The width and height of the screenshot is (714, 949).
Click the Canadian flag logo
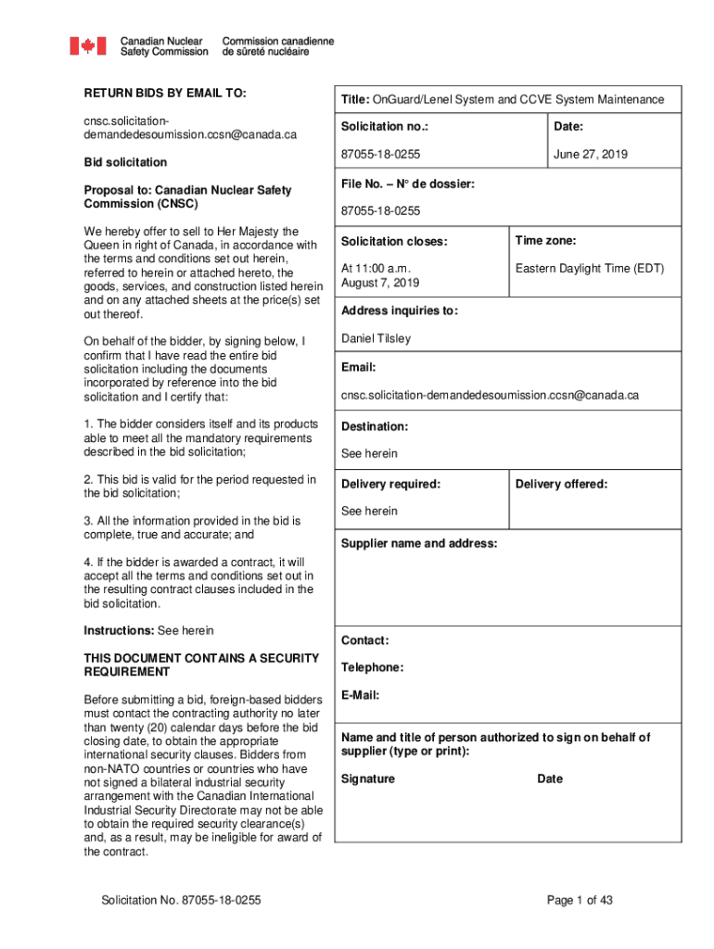pyautogui.click(x=89, y=46)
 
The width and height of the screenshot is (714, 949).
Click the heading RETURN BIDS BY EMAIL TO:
pyautogui.click(x=165, y=94)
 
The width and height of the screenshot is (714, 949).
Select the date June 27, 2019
pyautogui.click(x=590, y=155)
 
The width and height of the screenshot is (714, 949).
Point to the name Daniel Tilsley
pyautogui.click(x=376, y=338)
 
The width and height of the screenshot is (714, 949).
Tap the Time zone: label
pyautogui.click(x=546, y=241)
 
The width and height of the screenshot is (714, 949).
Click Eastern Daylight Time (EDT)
pyautogui.click(x=590, y=269)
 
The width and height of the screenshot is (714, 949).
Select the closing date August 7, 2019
pyautogui.click(x=380, y=283)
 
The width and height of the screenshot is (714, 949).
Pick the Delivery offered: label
pyautogui.click(x=561, y=484)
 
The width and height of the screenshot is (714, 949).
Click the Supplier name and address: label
pyautogui.click(x=419, y=543)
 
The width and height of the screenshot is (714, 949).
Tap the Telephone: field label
pyautogui.click(x=372, y=667)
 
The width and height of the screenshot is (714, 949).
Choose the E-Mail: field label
pyautogui.click(x=360, y=695)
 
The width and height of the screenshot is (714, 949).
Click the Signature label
pyautogui.click(x=367, y=778)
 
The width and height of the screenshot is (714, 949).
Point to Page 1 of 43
pyautogui.click(x=580, y=900)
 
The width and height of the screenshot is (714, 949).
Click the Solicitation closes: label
pyautogui.click(x=394, y=242)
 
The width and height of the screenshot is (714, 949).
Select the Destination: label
pyautogui.click(x=374, y=426)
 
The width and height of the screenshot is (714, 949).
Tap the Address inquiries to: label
pyautogui.click(x=400, y=310)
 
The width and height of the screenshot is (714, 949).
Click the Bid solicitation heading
pyautogui.click(x=125, y=162)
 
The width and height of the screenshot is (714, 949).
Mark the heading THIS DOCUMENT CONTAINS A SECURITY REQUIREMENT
pyautogui.click(x=201, y=664)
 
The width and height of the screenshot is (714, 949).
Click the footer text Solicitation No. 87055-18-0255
pyautogui.click(x=182, y=900)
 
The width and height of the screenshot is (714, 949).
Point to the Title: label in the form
pyautogui.click(x=356, y=100)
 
